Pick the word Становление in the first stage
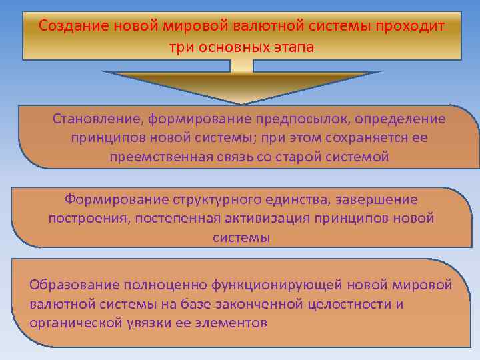pyautogui.click(x=97, y=119)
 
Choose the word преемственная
pyautogui.click(x=157, y=157)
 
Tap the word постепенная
pyautogui.click(x=175, y=218)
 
